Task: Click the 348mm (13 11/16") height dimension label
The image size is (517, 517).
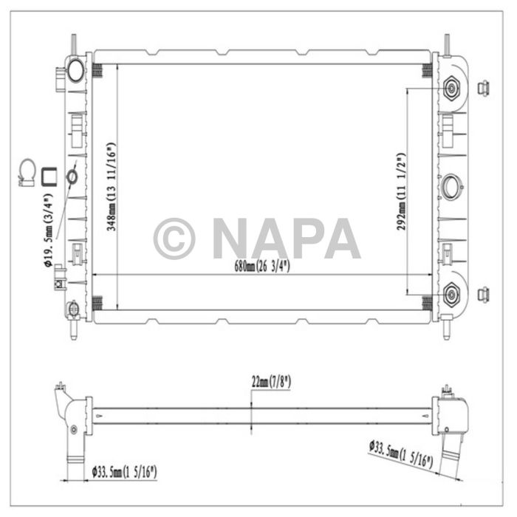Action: (x=111, y=186)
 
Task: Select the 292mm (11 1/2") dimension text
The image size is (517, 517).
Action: (x=401, y=192)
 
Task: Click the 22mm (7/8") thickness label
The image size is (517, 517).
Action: (x=270, y=382)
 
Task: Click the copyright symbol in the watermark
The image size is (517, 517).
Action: (x=174, y=239)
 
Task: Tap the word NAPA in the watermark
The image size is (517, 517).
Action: (x=284, y=239)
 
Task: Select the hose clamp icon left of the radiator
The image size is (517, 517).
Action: (x=27, y=173)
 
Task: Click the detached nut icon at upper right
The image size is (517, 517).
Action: (x=484, y=88)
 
